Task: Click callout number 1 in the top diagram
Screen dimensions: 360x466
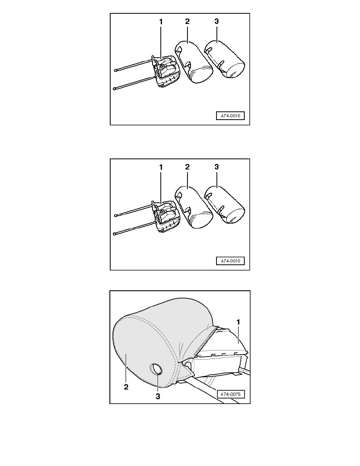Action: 161,22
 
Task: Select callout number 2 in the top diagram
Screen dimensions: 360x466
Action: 187,22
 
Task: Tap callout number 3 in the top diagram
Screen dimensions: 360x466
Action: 216,22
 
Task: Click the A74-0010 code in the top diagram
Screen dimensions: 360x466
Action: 230,116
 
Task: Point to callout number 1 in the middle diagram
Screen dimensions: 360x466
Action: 161,167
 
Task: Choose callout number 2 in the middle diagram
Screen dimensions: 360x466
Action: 187,167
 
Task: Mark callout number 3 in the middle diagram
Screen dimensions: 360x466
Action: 216,167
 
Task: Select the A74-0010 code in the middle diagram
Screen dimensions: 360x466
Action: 230,261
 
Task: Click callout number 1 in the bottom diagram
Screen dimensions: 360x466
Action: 238,322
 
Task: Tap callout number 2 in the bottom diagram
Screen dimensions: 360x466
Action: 126,387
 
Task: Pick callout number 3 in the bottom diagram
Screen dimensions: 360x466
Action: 158,397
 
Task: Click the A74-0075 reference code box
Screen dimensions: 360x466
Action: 231,394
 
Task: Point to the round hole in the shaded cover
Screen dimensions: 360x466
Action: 156,369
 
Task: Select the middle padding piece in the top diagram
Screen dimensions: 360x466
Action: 193,62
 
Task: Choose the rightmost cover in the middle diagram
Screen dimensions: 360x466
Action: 225,204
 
